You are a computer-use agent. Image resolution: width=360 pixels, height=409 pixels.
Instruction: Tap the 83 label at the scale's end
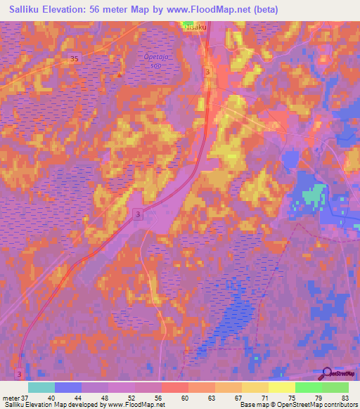pos(345,398)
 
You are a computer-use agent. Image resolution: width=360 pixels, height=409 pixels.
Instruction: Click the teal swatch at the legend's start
pos(41,387)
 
